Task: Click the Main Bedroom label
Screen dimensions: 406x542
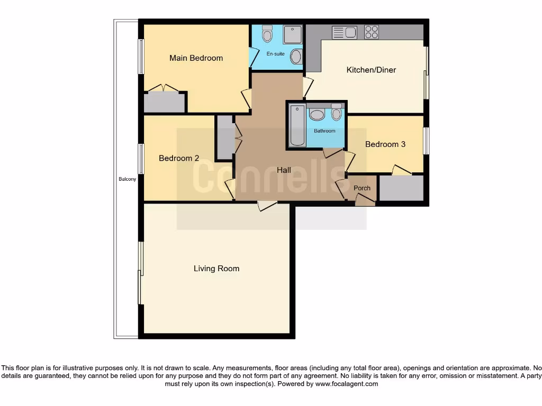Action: pyautogui.click(x=196, y=58)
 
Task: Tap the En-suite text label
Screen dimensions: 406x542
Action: pyautogui.click(x=275, y=54)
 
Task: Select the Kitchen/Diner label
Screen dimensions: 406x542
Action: pyautogui.click(x=371, y=70)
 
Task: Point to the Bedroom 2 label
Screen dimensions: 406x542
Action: pyautogui.click(x=179, y=158)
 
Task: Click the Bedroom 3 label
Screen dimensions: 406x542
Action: pyautogui.click(x=385, y=144)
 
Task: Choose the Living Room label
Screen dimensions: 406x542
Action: pyautogui.click(x=216, y=269)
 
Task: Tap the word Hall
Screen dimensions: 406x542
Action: pyautogui.click(x=284, y=170)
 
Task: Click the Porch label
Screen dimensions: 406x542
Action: pyautogui.click(x=362, y=188)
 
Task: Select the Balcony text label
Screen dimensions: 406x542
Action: pyautogui.click(x=127, y=179)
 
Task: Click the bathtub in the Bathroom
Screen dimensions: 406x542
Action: pyautogui.click(x=297, y=125)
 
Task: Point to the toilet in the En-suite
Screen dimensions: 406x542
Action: pyautogui.click(x=267, y=33)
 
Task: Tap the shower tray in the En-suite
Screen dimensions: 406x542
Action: pyautogui.click(x=292, y=34)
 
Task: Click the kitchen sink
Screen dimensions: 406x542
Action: pyautogui.click(x=345, y=33)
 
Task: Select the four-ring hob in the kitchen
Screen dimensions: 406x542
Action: pyautogui.click(x=372, y=32)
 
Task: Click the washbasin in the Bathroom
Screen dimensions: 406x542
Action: pyautogui.click(x=317, y=115)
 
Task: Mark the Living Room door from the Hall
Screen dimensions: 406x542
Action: pyautogui.click(x=267, y=206)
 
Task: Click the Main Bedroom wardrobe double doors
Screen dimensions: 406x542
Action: pyautogui.click(x=163, y=88)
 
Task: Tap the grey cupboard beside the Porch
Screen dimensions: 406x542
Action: pyautogui.click(x=401, y=188)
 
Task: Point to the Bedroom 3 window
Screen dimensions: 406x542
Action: pyautogui.click(x=426, y=141)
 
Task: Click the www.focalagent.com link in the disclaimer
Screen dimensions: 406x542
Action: pyautogui.click(x=347, y=384)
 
